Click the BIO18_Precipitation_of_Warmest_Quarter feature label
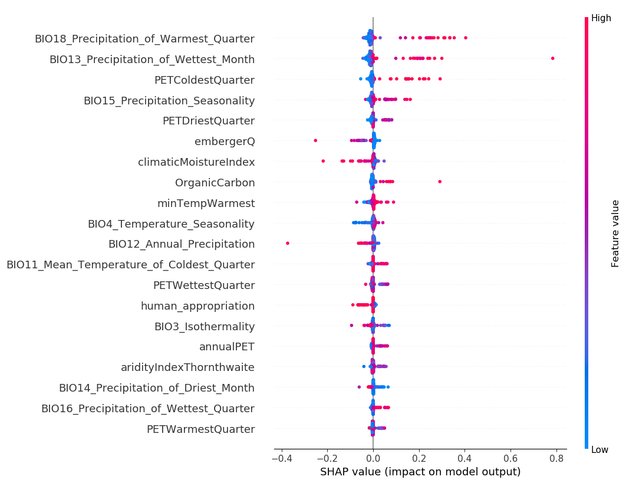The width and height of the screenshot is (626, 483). [144, 39]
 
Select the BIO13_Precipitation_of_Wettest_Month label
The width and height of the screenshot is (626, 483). [152, 60]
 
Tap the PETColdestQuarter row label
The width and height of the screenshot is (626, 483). [205, 80]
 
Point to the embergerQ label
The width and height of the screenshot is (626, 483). [225, 142]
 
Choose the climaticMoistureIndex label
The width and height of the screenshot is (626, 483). [196, 162]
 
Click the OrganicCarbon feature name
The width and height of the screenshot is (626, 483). [215, 183]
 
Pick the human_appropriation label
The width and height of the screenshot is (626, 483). [197, 306]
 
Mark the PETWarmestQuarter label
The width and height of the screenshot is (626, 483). [201, 429]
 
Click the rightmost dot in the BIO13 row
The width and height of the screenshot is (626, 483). [552, 58]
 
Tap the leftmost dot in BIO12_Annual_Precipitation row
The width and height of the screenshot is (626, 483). [287, 243]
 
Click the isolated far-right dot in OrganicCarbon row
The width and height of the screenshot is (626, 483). [440, 182]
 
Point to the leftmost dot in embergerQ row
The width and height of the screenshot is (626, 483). [315, 140]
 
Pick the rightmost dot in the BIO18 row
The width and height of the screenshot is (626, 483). [466, 38]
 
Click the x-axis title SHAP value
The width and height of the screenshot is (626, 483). [420, 472]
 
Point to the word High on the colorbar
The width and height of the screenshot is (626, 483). [601, 18]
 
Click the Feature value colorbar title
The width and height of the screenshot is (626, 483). [615, 234]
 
